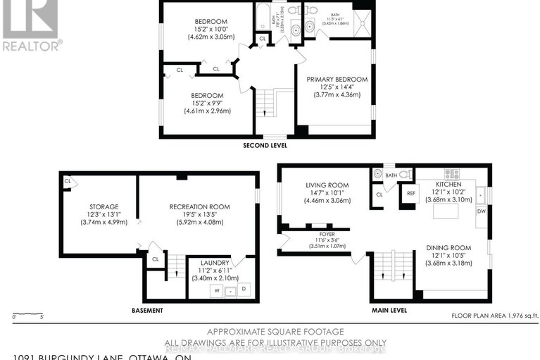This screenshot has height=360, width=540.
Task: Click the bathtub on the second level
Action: coord(262,18)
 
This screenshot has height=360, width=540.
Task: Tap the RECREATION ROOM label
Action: coord(200,207)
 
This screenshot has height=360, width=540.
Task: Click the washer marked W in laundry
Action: coord(218,290)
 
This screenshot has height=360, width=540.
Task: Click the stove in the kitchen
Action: coord(451,173)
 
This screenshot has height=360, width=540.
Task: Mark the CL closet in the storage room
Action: coord(68,182)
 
